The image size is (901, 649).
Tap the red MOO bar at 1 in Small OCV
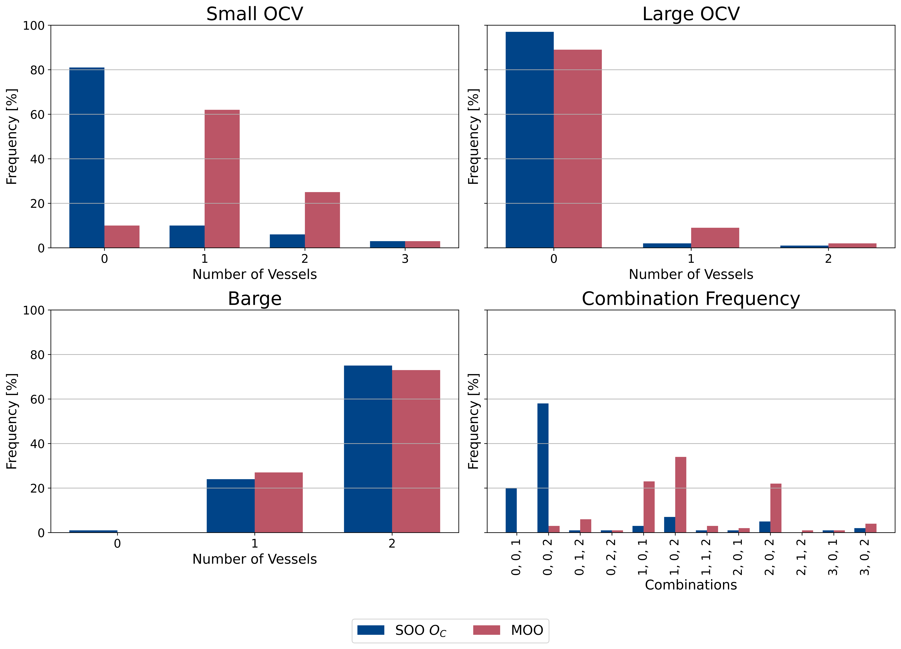pos(222,179)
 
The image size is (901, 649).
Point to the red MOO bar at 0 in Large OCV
pos(578,149)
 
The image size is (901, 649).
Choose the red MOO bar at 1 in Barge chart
pos(278,502)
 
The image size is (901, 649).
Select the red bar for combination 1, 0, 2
pos(681,495)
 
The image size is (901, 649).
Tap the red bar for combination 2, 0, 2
pos(776,508)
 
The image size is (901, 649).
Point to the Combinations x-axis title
pos(691,585)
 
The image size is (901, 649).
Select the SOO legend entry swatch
pos(371,630)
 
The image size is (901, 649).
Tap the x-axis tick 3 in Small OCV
pos(405,259)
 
